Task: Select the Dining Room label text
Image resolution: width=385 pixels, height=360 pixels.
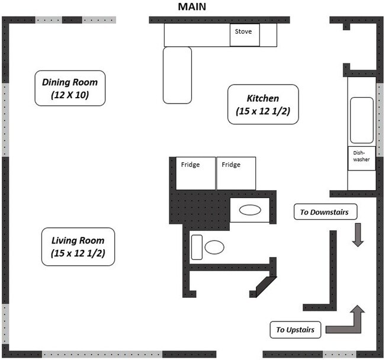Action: click(70, 82)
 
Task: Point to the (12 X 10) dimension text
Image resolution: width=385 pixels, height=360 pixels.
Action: click(70, 95)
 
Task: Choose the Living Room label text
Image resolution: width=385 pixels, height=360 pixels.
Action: click(78, 240)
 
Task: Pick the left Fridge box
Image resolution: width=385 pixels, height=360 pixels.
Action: click(193, 173)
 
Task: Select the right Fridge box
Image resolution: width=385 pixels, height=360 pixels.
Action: click(236, 173)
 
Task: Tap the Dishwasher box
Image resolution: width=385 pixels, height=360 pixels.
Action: click(361, 158)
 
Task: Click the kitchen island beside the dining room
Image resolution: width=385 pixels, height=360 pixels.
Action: click(177, 74)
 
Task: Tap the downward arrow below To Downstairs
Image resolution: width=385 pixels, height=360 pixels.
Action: click(358, 234)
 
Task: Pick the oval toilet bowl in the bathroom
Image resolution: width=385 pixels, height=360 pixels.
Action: click(214, 247)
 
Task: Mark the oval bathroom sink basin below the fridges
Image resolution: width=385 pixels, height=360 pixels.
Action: click(249, 210)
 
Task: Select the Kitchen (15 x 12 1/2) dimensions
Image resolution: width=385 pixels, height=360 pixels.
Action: click(262, 111)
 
